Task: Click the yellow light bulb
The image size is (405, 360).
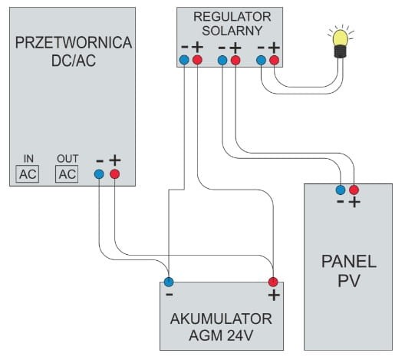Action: (340, 43)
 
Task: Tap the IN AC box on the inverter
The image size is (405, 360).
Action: (28, 174)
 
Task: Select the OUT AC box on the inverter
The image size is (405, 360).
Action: (67, 174)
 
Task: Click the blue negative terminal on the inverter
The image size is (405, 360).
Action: (99, 174)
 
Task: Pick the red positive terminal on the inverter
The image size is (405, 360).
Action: (115, 174)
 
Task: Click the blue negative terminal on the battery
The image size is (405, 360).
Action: (169, 282)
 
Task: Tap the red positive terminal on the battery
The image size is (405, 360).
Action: (273, 282)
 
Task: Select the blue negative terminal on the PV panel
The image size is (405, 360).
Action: (341, 190)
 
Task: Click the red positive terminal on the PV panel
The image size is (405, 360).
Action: (354, 190)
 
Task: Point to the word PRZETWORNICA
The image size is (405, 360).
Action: (74, 43)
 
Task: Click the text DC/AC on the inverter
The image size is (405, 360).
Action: (74, 61)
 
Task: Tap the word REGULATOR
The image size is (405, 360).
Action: (232, 17)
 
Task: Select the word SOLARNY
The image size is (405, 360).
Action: (232, 31)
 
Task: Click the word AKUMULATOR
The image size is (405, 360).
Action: (221, 319)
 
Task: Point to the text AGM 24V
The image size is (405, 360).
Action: (221, 335)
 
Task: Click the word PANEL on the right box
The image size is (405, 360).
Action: (349, 262)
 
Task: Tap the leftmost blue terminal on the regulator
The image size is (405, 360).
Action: (184, 60)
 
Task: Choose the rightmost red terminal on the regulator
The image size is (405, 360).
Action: (275, 60)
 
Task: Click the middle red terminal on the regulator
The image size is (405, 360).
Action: (235, 60)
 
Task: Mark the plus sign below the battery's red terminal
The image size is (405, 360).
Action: (274, 295)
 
